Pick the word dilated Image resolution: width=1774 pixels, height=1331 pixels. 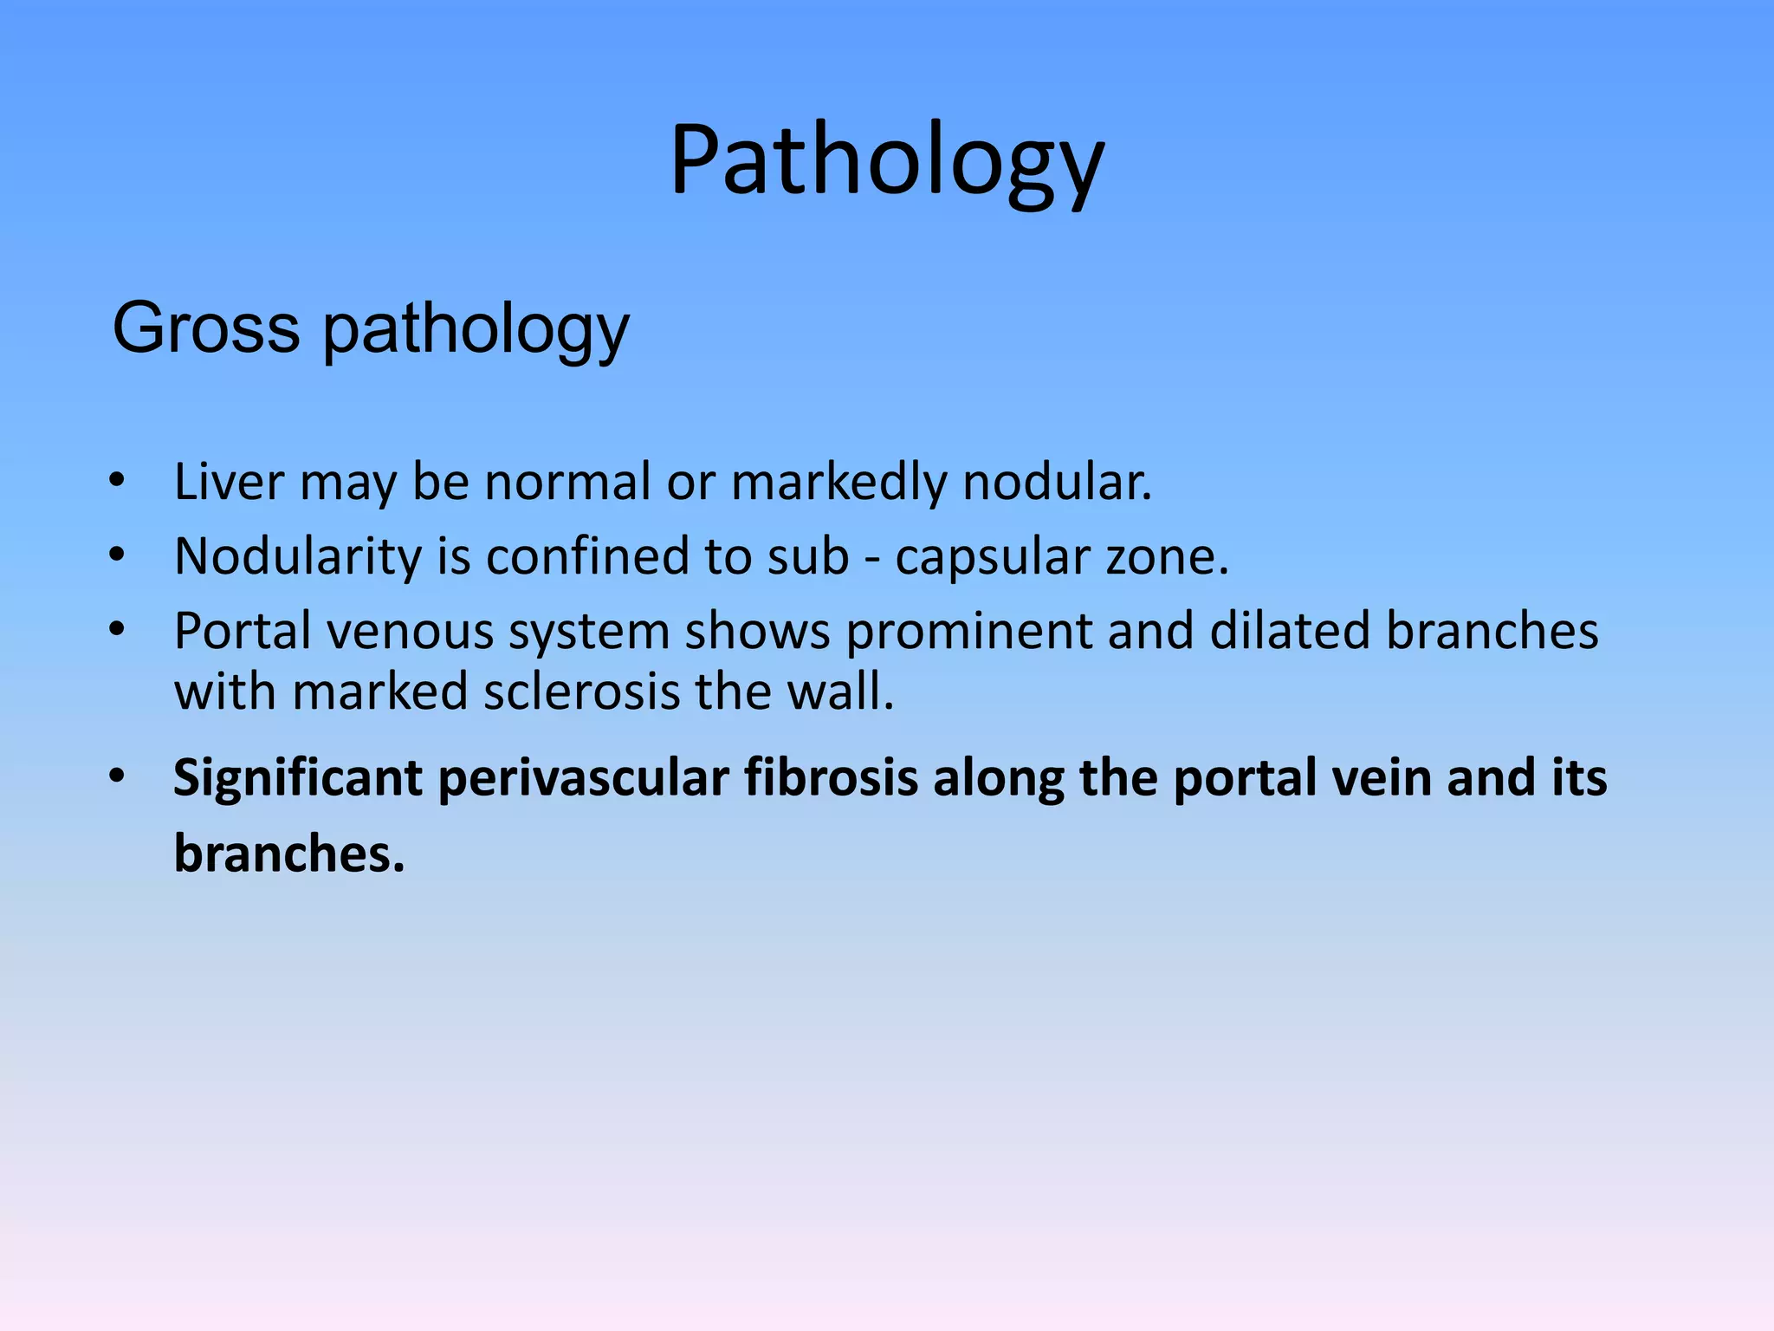pyautogui.click(x=1290, y=631)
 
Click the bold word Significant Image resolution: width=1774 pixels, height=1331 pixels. pyautogui.click(x=298, y=778)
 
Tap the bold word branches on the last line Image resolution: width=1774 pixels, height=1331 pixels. pyautogui.click(x=288, y=854)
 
